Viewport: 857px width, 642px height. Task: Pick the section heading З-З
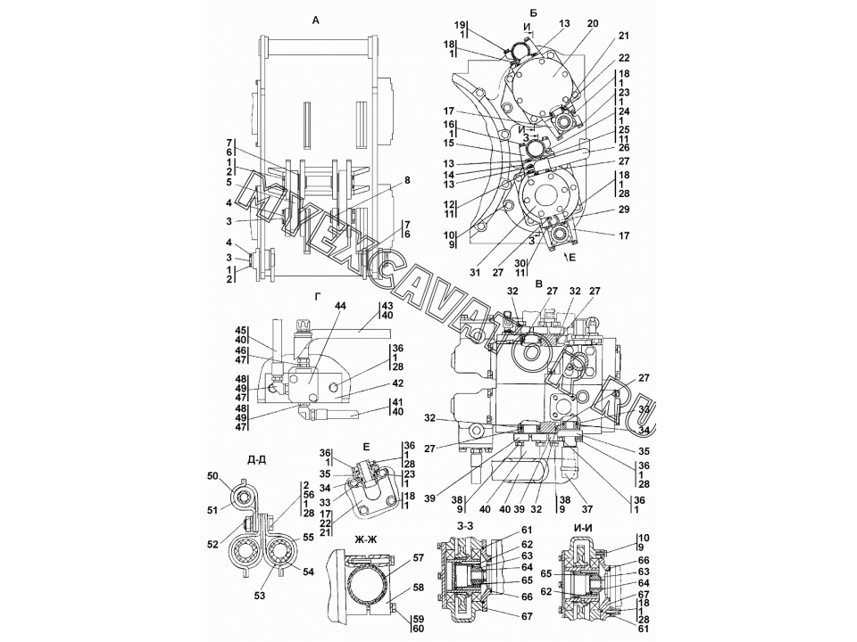(x=465, y=527)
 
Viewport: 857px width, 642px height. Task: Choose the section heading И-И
(x=587, y=527)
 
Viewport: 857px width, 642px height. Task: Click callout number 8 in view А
(x=407, y=180)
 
